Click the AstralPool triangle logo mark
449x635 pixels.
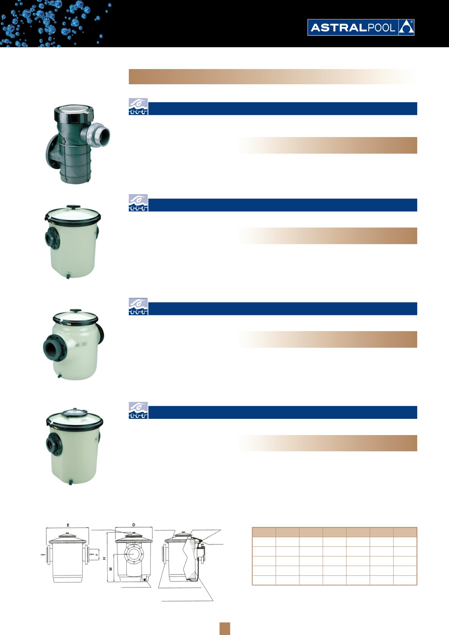click(x=406, y=28)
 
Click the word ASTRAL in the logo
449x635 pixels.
click(x=338, y=28)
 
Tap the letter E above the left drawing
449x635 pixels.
click(x=68, y=525)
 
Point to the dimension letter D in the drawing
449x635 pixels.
click(x=134, y=525)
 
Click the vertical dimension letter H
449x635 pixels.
click(x=104, y=558)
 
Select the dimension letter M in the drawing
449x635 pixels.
click(x=111, y=569)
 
